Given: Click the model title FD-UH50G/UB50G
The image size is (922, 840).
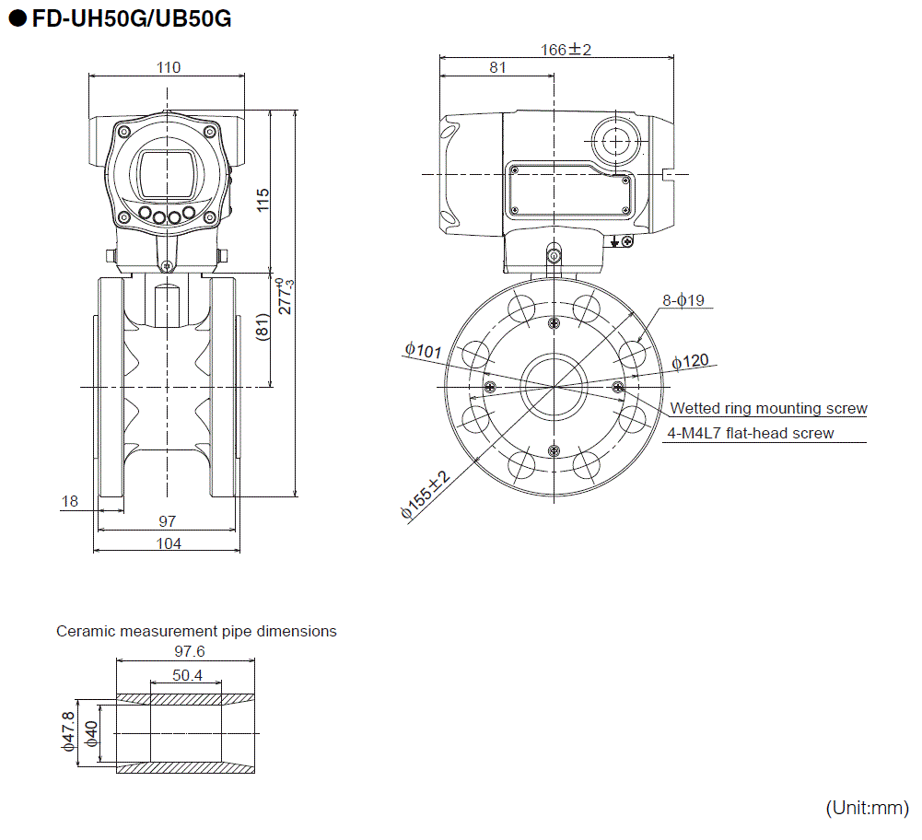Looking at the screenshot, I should point(130,19).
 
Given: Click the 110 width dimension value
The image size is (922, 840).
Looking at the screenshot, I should point(169,66).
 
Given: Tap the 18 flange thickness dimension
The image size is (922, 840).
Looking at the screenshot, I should point(70,501).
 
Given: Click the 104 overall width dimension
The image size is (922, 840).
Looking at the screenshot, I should point(169,543).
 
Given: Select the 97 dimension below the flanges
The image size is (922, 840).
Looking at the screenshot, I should point(168,522).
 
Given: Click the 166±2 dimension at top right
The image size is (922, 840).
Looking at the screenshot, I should point(565,50).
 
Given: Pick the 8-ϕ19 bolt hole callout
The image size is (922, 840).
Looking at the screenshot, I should point(683,300).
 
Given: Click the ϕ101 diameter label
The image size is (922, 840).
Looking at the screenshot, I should point(423,350).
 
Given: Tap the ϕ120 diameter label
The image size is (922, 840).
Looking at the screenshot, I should point(690,360).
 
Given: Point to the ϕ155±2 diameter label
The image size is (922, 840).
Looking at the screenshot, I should point(425,496).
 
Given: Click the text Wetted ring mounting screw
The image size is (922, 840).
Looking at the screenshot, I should point(768,408).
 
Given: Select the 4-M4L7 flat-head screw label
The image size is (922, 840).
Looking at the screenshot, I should point(751,433).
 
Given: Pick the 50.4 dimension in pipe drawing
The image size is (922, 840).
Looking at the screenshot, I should point(187,675).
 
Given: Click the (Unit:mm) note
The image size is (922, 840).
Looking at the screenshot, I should point(867,808).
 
